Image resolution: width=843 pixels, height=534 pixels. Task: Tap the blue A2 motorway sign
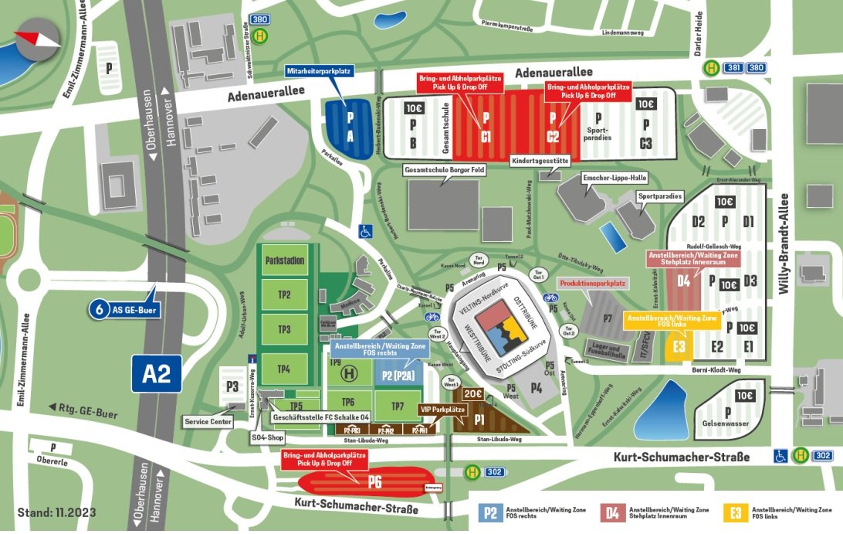(156, 375)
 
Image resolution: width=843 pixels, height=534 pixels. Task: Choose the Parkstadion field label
(284, 260)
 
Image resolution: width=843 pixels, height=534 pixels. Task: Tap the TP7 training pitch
(397, 406)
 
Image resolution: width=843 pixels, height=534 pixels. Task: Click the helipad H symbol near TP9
(350, 373)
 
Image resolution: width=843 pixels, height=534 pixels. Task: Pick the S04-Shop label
(268, 438)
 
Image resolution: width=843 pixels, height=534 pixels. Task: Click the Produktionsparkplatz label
(593, 284)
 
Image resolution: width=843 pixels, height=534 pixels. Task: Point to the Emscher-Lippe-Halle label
(615, 177)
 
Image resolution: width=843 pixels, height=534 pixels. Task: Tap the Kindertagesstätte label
(540, 162)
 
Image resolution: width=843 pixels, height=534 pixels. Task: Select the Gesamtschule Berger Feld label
(444, 170)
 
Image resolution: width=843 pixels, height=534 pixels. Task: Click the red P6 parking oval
(362, 483)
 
